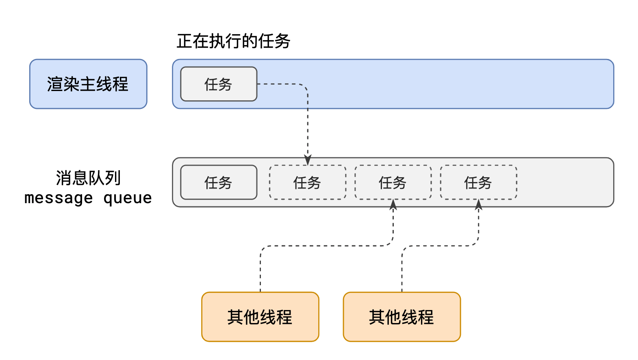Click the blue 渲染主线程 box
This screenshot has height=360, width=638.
click(x=88, y=84)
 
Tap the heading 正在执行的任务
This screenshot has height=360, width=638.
click(x=233, y=41)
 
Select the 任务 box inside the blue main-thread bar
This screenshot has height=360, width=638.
click(x=219, y=84)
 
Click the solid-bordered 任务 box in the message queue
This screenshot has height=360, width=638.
click(x=219, y=182)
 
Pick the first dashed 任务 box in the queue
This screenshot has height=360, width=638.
click(x=308, y=182)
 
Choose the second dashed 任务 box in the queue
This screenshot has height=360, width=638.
click(x=393, y=182)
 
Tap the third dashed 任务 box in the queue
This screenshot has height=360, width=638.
click(x=478, y=182)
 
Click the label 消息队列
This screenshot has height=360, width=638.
click(x=88, y=178)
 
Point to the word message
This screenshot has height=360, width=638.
click(x=59, y=198)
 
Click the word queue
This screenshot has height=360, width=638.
click(x=128, y=198)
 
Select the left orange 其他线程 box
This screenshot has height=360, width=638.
click(x=260, y=317)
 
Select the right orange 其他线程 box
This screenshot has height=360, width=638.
click(x=401, y=317)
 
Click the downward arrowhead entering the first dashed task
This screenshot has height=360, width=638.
click(x=308, y=160)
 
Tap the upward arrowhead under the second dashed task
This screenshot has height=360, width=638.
click(x=393, y=204)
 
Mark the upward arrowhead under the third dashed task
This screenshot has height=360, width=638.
click(x=479, y=204)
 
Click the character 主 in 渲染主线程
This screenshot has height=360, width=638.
click(x=88, y=84)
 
